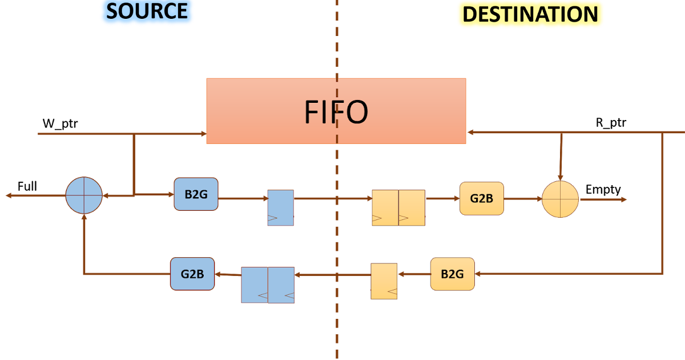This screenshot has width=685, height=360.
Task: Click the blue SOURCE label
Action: coord(147,12)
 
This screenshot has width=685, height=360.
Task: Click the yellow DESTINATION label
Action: coord(530,14)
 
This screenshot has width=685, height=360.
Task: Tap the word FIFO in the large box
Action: coord(336,113)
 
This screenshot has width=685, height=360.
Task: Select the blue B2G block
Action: coord(196,194)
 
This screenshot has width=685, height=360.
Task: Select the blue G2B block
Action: coord(192,274)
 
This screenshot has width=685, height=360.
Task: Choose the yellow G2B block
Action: coord(481,198)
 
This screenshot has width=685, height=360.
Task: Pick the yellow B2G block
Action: coord(452,274)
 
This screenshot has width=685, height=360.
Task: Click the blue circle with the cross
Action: coord(84,195)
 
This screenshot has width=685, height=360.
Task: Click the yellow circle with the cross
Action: coord(560,199)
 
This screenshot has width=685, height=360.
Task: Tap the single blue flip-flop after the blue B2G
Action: coord(280,207)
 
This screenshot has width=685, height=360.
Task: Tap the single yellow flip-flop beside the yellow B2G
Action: coord(384,281)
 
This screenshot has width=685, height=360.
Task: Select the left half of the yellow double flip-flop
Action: coord(385,207)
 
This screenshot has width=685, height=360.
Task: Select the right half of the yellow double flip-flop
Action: coord(412,207)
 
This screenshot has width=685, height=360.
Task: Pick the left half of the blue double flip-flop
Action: coord(255,285)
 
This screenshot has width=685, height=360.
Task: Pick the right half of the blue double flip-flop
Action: coord(281,285)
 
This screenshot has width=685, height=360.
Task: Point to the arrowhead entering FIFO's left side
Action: coord(203,134)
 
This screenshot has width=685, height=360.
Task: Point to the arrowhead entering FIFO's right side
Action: coord(470,133)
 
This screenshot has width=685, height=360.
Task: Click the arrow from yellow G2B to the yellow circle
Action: coord(522,199)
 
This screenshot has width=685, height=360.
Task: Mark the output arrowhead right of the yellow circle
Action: coord(624,199)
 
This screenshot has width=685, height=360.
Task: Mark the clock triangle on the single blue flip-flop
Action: coord(272,218)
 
